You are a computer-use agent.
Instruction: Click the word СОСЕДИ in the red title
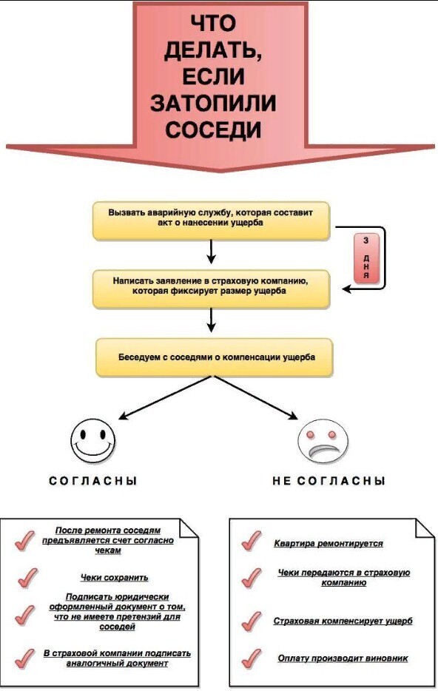pyautogui.click(x=213, y=130)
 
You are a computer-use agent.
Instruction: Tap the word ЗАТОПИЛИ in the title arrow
pyautogui.click(x=213, y=104)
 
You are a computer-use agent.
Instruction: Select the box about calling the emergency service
pyautogui.click(x=212, y=218)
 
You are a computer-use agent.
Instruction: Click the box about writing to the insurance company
pyautogui.click(x=212, y=287)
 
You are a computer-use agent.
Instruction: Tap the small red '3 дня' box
pyautogui.click(x=366, y=259)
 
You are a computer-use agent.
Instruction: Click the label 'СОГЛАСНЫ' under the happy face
pyautogui.click(x=93, y=481)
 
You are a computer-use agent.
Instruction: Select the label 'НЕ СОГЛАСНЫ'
pyautogui.click(x=328, y=481)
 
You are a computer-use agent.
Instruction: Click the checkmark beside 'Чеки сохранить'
pyautogui.click(x=27, y=576)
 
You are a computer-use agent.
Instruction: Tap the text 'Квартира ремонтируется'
pyautogui.click(x=328, y=543)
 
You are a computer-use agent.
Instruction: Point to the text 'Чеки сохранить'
pyautogui.click(x=115, y=577)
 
